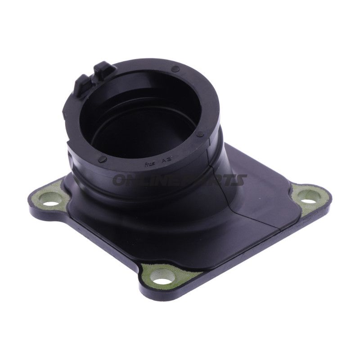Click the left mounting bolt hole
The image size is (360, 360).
48,198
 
